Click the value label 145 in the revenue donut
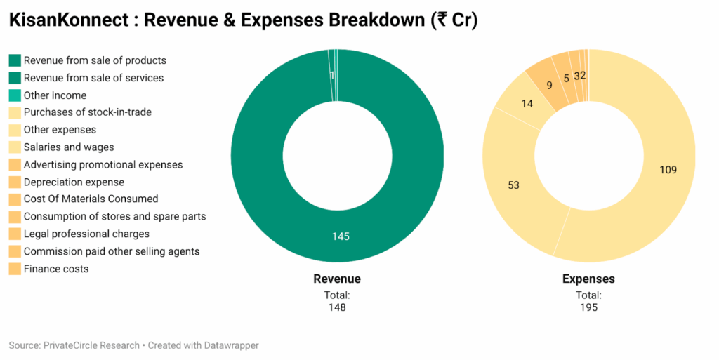pos(341,236)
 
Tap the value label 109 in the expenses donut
pos(668,170)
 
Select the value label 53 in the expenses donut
pos(514,185)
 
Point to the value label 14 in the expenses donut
pos(527,104)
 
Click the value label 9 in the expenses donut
pos(549,86)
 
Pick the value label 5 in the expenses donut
pos(566,78)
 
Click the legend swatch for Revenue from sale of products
pos(15,60)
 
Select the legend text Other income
pos(55,95)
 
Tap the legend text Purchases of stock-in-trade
pos(87,112)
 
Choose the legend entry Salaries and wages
pos(69,147)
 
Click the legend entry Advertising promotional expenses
pos(103,165)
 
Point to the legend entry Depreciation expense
pos(74,182)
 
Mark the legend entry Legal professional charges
pos(86,234)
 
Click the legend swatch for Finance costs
pos(15,269)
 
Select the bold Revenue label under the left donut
pos(337,279)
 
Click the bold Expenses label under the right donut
pos(588,279)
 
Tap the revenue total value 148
pos(337,307)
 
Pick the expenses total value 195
pos(588,307)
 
